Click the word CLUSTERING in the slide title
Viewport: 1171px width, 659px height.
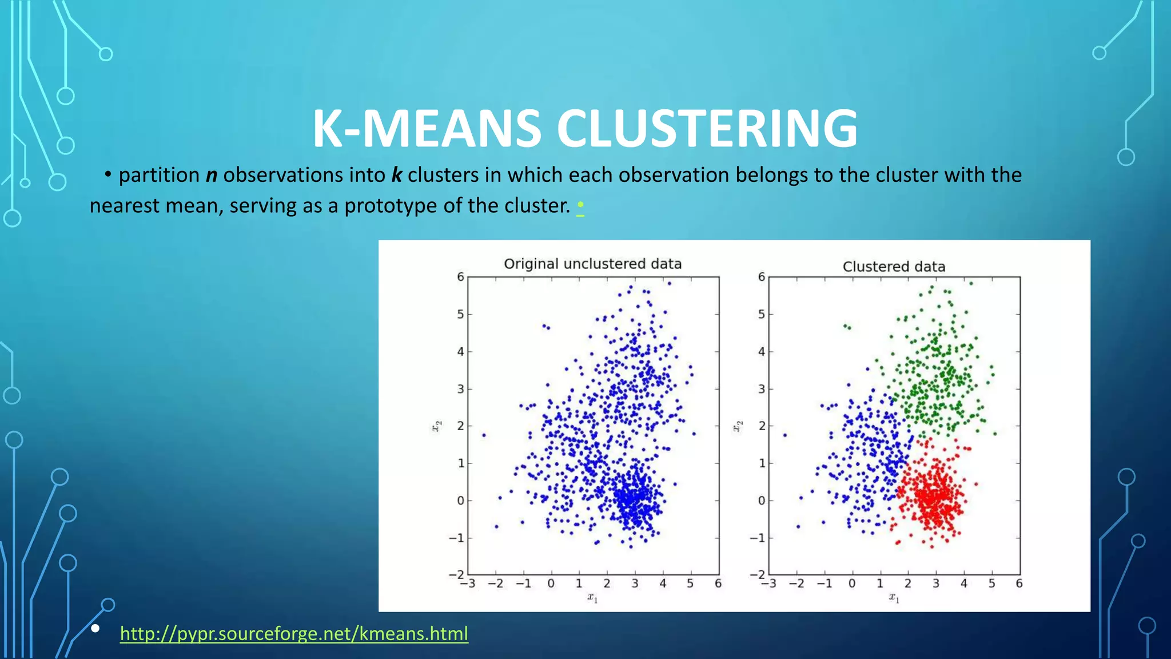(707, 129)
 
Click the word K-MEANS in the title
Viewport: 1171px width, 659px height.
(427, 129)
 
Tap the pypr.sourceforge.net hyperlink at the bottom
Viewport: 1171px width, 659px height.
(294, 634)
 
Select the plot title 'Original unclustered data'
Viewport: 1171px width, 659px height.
(592, 264)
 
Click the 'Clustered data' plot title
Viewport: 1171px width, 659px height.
(894, 267)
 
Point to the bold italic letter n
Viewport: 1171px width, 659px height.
(212, 175)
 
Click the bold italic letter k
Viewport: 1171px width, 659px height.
(396, 175)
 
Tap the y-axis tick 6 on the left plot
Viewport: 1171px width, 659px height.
(460, 277)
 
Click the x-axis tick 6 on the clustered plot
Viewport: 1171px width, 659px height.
(1019, 583)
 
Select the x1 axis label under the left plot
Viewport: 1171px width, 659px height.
(592, 598)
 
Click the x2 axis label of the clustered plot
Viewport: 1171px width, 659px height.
(738, 426)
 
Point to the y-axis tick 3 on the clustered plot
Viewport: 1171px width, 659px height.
(761, 389)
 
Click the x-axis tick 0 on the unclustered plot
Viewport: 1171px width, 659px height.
(551, 583)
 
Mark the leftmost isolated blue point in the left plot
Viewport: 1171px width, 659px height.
(484, 435)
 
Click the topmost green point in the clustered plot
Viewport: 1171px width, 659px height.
(971, 283)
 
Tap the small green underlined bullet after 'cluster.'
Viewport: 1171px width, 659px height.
(580, 205)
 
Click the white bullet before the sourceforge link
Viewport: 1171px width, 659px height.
(95, 629)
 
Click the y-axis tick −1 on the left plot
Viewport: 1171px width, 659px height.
(456, 538)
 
